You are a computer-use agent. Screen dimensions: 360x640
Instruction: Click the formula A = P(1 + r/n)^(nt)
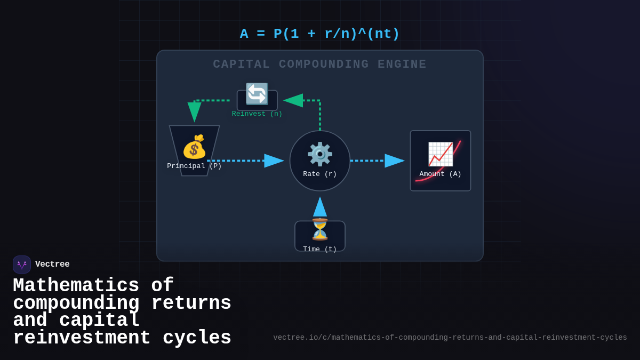pos(319,34)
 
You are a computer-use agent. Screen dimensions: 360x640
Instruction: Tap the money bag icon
pos(194,147)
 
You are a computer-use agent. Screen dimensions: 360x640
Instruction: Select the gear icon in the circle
pos(320,154)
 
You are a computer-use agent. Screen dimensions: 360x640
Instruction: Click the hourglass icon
pos(320,229)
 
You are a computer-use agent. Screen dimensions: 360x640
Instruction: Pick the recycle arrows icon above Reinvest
pos(257,94)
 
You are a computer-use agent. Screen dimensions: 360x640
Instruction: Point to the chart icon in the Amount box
pos(441,154)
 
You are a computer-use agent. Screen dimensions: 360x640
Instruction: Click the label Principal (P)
pos(194,166)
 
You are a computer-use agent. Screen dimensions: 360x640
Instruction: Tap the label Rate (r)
pos(320,174)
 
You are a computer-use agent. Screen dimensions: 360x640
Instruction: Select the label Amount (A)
pos(441,174)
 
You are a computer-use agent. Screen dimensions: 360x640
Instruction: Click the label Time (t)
pos(320,249)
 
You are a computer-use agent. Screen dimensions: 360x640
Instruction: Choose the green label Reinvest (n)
pos(257,114)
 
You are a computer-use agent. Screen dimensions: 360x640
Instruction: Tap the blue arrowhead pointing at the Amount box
pos(395,161)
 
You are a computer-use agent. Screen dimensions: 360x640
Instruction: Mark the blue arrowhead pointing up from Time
pos(320,207)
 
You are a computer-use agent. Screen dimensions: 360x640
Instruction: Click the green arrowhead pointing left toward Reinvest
pos(293,100)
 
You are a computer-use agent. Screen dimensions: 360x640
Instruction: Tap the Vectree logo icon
pos(22,265)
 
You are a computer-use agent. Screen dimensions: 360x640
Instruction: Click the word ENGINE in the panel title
pos(402,65)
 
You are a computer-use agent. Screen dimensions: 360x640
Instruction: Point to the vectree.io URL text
pos(450,338)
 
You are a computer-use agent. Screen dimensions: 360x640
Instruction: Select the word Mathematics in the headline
pos(76,285)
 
